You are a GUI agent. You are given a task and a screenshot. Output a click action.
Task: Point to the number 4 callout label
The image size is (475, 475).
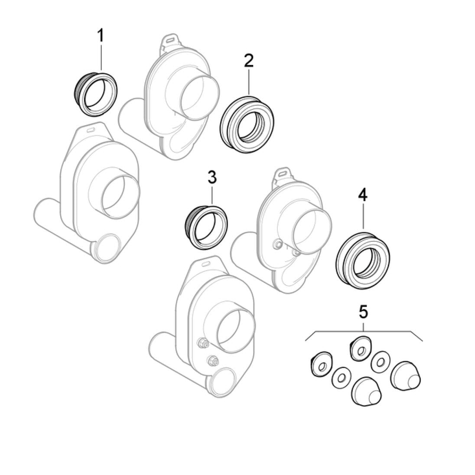pos(362,195)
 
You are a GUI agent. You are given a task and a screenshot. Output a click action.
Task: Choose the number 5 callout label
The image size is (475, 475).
pos(363,310)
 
